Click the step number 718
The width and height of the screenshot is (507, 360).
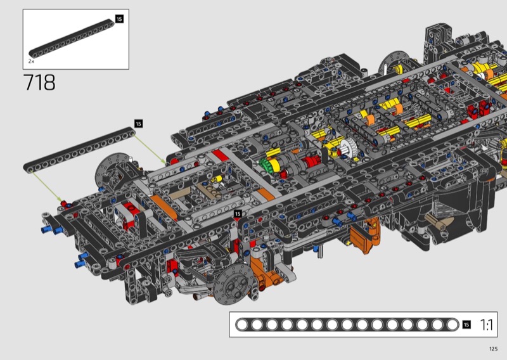(x=39, y=82)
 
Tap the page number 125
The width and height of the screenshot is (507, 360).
(x=494, y=349)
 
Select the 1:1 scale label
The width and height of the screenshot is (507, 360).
(x=486, y=325)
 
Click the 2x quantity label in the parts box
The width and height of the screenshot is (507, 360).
(x=31, y=61)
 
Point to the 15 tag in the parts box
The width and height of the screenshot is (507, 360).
(x=119, y=19)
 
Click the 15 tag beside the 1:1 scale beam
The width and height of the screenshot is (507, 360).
(x=466, y=325)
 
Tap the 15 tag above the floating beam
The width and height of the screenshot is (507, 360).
(x=138, y=124)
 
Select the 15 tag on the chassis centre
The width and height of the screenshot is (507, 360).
(x=238, y=214)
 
